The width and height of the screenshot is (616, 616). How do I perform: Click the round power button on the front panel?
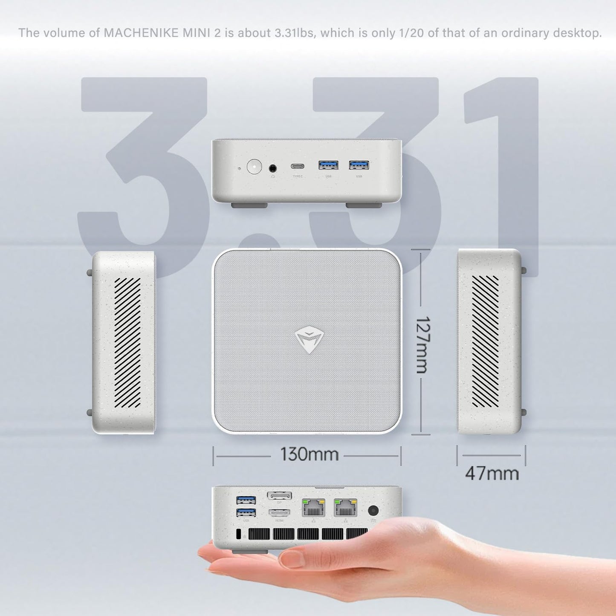(x=254, y=166)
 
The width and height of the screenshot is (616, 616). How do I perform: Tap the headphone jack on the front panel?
(x=273, y=168)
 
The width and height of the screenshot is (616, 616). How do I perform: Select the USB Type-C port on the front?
(x=298, y=166)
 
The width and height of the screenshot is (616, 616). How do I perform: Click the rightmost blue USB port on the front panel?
(x=359, y=165)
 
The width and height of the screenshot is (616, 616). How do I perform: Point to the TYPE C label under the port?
(x=298, y=176)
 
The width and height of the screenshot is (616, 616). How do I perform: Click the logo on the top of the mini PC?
(x=309, y=340)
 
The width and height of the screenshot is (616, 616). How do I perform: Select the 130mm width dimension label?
(x=309, y=454)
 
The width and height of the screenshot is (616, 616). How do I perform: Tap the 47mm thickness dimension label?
(x=492, y=473)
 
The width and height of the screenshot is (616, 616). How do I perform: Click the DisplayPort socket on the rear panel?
(x=279, y=496)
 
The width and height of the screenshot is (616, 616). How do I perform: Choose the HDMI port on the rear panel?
(x=279, y=512)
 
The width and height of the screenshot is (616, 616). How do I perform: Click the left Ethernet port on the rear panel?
(x=313, y=507)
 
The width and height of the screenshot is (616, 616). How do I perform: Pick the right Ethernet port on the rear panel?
(x=345, y=507)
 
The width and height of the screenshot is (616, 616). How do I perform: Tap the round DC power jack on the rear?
(x=373, y=510)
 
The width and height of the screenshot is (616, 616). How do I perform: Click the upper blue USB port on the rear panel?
(x=246, y=499)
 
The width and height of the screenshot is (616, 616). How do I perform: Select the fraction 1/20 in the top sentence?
(x=409, y=33)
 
